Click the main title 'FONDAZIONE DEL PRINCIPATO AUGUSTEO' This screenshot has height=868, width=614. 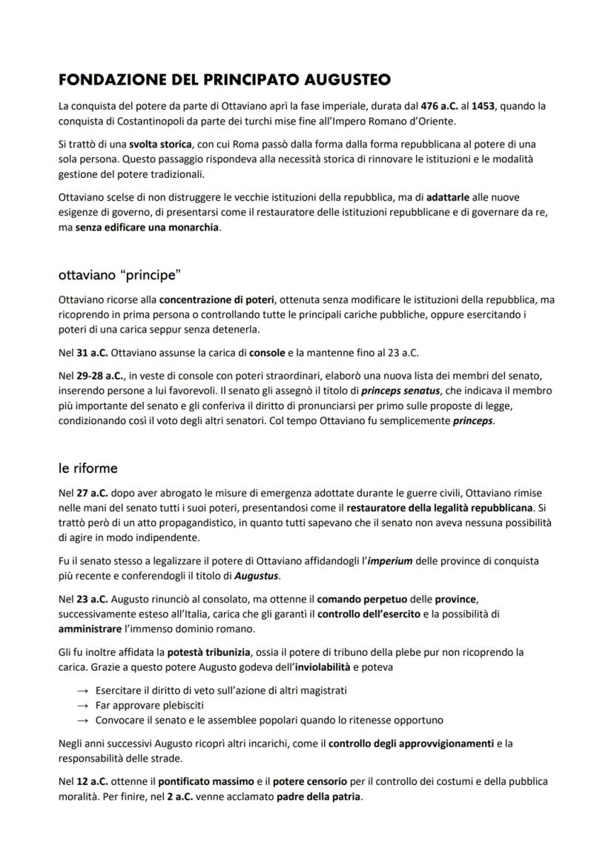pos(225,79)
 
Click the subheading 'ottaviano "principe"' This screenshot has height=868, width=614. pos(120,275)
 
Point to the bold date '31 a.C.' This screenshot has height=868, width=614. pos(93,353)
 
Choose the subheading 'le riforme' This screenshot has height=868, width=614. pos(88,468)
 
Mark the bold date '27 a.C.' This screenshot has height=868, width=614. pos(93,493)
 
